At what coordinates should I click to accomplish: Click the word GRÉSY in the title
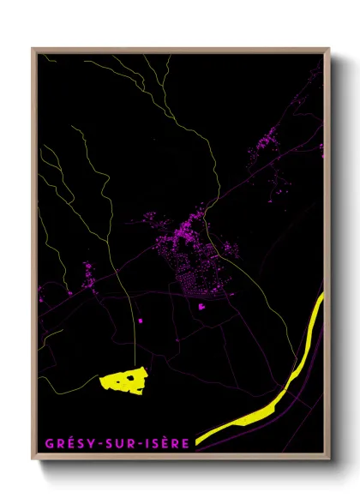click(x=63, y=444)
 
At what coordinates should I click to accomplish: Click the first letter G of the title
click(x=47, y=444)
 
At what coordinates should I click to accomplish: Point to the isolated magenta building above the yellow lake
click(x=140, y=321)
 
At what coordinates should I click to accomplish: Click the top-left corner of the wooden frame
click(x=33, y=50)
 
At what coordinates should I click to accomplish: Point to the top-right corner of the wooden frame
click(x=329, y=50)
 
